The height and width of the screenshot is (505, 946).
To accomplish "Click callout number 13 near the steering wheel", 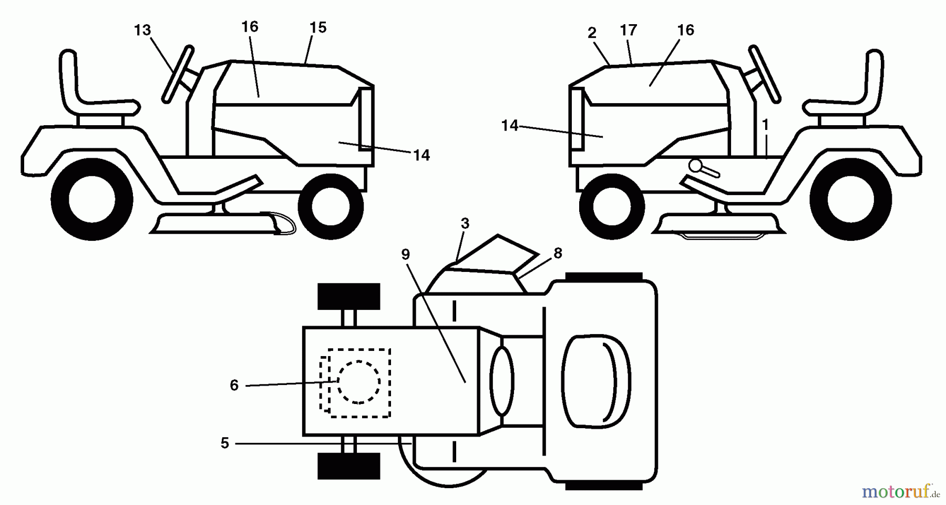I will tap(142, 31).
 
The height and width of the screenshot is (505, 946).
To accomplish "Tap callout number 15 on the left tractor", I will tap(318, 27).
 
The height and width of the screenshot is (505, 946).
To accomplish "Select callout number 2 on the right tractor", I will tap(592, 33).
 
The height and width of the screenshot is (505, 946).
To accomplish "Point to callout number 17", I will tap(629, 31).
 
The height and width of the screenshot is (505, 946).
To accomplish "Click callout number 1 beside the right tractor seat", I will tap(765, 125).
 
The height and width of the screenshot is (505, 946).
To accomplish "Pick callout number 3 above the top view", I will tap(465, 224).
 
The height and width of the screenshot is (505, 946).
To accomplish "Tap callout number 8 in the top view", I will tap(558, 254).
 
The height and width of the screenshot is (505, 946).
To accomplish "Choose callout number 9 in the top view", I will tap(405, 255).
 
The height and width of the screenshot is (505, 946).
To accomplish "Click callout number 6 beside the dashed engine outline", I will tap(234, 386).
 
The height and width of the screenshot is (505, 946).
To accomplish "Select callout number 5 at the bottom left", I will tap(225, 443).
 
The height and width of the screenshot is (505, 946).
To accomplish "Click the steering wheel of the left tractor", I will tap(178, 74).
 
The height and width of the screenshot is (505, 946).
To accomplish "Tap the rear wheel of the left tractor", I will tap(91, 199).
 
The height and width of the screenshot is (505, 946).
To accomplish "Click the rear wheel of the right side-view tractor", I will tap(850, 199).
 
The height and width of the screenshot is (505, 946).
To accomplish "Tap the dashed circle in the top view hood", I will tap(359, 382).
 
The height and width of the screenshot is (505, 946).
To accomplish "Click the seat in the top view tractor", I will tap(596, 380).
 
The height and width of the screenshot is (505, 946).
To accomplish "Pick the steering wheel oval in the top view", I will tap(502, 381).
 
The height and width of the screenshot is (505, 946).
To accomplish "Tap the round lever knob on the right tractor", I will tap(696, 166).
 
